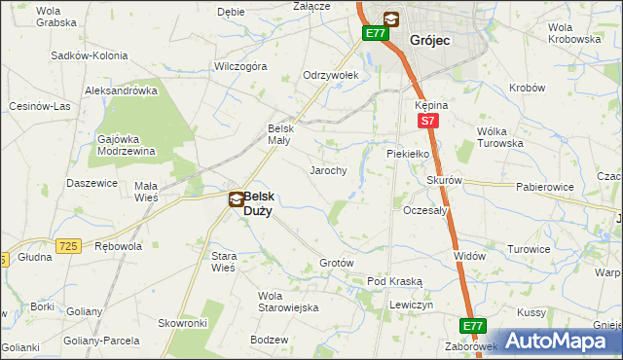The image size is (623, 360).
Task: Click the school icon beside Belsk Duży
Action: point(237,199)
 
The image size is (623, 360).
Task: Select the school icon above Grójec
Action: point(390,18)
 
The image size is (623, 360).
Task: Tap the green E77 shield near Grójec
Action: point(376,33)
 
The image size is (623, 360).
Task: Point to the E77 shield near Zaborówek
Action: point(473,326)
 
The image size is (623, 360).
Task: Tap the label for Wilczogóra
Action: point(240,67)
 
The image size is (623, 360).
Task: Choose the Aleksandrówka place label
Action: point(122,90)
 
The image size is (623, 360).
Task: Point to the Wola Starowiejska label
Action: point(288,302)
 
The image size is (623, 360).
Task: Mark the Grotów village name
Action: point(336,264)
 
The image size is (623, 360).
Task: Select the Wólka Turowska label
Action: point(499,137)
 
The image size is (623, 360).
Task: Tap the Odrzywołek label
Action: point(331,75)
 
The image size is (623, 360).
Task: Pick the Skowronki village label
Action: point(183,322)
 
